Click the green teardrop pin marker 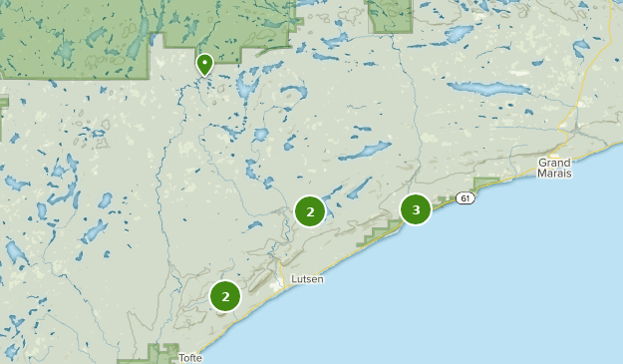click(204, 64)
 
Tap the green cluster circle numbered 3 click(416, 209)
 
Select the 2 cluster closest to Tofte click(226, 296)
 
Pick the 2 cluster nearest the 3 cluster click(310, 211)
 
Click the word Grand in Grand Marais click(554, 162)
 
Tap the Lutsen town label click(307, 279)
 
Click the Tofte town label click(190, 357)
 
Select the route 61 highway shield click(466, 198)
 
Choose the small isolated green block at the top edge click(390, 14)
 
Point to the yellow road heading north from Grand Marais click(569, 120)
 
